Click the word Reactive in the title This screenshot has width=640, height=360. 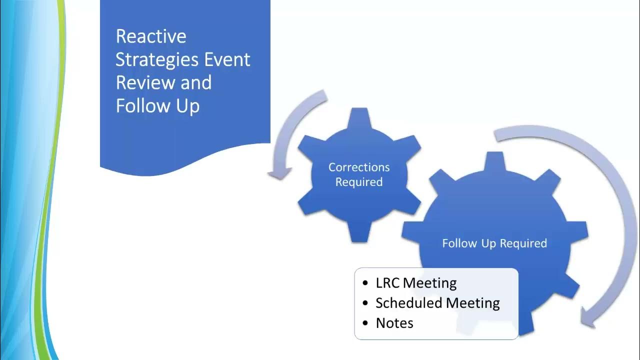[x=151, y=36]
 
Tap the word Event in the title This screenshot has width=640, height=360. [x=227, y=59]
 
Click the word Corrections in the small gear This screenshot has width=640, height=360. [x=358, y=167]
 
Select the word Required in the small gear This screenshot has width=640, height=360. [x=358, y=182]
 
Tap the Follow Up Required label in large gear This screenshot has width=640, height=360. [x=494, y=243]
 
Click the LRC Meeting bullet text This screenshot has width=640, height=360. [x=416, y=283]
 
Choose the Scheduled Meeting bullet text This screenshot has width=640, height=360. [x=437, y=303]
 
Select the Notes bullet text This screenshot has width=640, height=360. [x=394, y=323]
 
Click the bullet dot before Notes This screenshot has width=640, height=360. [x=365, y=323]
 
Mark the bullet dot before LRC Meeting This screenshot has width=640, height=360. [x=365, y=283]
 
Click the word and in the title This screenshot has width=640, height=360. [x=196, y=82]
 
